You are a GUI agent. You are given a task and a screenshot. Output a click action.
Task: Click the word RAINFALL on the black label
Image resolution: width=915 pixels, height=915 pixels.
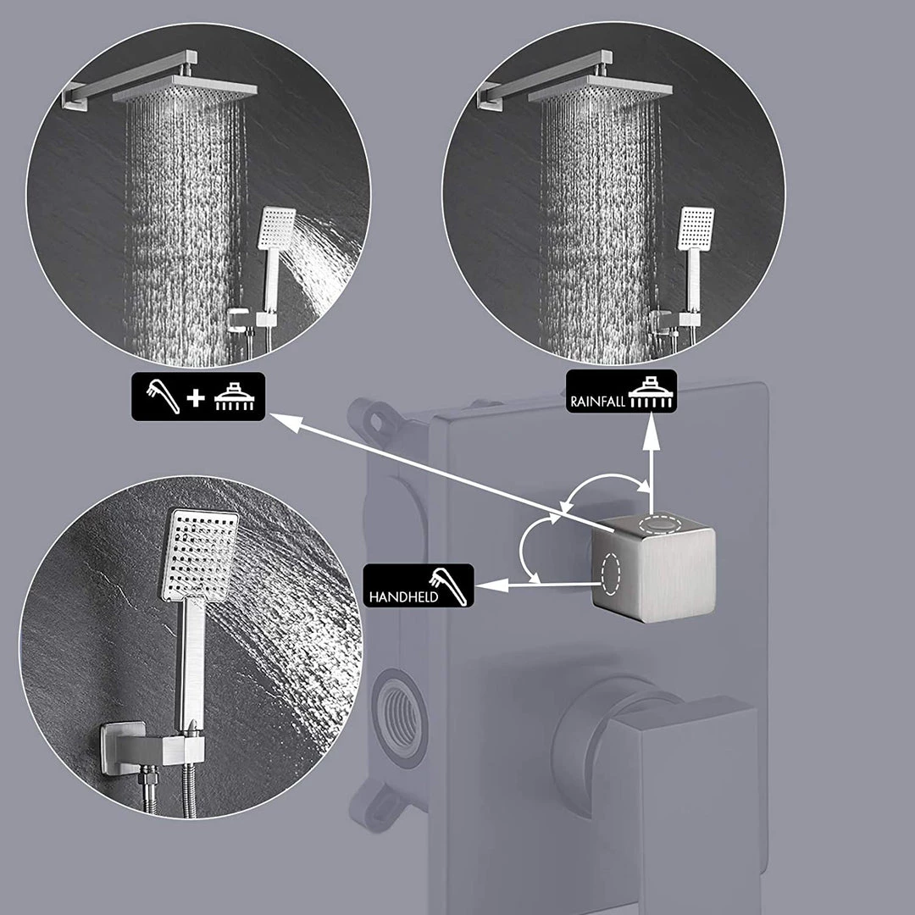[x=597, y=402]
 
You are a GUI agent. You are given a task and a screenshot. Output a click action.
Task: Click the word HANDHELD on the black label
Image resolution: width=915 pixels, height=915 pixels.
[x=403, y=597]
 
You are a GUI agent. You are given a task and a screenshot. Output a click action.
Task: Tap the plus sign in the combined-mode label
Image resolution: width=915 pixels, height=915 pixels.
[x=196, y=397]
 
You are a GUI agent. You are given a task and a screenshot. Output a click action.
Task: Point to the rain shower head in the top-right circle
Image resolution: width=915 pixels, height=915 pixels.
[x=600, y=90]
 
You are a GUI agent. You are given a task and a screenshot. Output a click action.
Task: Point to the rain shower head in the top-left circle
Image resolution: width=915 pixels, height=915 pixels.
[x=185, y=89]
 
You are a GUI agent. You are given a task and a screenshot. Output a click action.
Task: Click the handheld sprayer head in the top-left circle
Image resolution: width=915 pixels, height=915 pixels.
[x=277, y=228]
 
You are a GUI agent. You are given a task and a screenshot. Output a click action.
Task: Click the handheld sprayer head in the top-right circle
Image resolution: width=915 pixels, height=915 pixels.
[x=696, y=228]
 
